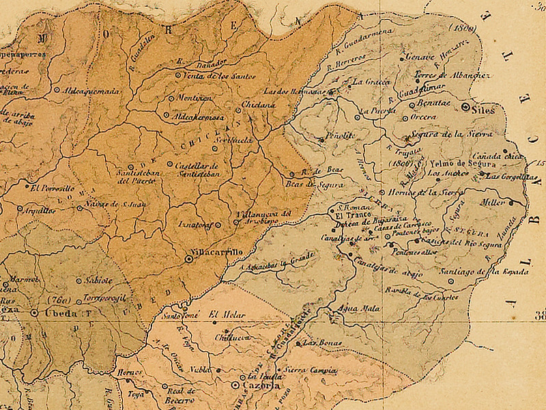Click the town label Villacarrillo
point(220,252)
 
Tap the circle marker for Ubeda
point(35,313)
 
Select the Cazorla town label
point(257,386)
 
